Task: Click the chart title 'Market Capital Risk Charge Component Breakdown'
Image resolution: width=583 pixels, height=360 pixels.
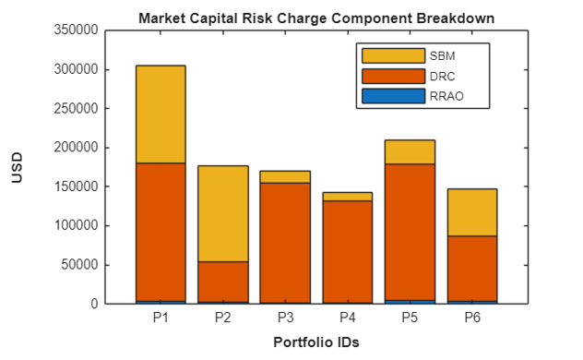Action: [x=316, y=18]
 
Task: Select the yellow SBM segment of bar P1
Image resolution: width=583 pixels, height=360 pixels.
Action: [x=161, y=114]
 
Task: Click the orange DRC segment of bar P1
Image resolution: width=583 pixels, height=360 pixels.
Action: [x=161, y=232]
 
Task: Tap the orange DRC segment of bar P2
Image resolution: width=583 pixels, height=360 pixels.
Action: [x=222, y=282]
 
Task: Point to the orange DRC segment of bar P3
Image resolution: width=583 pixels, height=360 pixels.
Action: [x=285, y=242]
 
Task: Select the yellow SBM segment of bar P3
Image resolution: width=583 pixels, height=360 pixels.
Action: [x=285, y=177]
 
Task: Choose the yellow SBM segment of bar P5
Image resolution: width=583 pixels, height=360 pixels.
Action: [x=410, y=152]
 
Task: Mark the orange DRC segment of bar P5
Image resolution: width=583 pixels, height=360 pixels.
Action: [x=410, y=232]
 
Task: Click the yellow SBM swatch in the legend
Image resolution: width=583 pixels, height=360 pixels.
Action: [x=393, y=55]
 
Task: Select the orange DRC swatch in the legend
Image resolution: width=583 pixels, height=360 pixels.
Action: [x=393, y=75]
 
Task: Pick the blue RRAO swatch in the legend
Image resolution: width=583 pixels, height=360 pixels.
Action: [x=393, y=95]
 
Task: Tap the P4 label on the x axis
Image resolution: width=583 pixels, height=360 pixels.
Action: [x=347, y=318]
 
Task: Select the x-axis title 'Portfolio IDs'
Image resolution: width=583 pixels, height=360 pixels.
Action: [x=316, y=342]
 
